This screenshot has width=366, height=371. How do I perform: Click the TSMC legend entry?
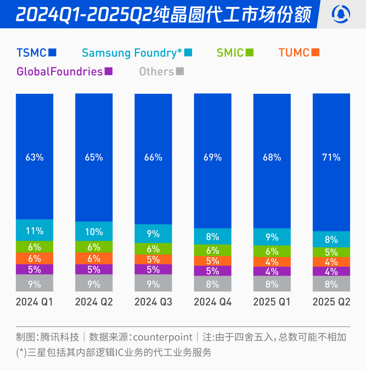point(36,52)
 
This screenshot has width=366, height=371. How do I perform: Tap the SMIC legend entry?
point(235,53)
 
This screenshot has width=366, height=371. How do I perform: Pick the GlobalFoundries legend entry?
point(64,71)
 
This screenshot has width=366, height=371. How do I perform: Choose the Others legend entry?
point(161,71)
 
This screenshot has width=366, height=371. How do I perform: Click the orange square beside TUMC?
point(315,52)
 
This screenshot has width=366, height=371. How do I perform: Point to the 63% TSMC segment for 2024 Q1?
point(34,157)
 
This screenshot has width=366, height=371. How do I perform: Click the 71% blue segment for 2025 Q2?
point(331,157)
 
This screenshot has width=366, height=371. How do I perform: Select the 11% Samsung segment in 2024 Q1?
point(34,230)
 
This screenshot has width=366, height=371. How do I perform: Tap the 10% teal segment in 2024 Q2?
point(94,231)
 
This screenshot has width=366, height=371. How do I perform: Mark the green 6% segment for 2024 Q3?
point(153,249)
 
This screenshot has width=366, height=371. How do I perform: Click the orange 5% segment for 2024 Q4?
point(212,261)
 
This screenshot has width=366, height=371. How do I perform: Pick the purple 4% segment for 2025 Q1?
point(272,271)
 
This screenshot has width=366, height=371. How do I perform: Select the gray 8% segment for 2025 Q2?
point(331,284)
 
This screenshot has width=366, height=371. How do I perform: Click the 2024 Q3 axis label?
point(153,302)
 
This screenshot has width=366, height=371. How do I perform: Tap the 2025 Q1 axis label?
point(272,302)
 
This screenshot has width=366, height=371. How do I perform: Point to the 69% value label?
point(212,157)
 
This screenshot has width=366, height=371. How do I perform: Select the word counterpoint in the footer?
point(163,337)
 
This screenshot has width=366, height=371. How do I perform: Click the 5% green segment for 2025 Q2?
point(331,252)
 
